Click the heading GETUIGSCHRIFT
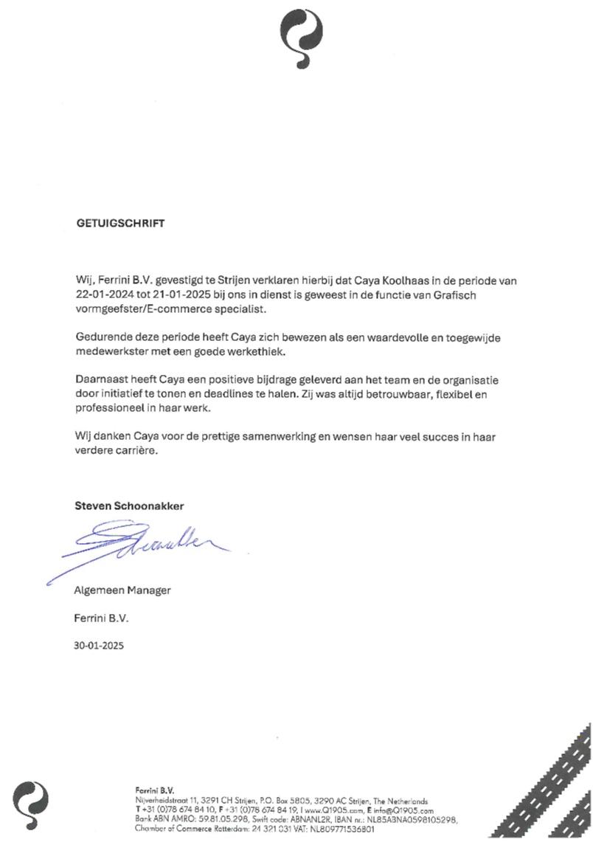click(x=120, y=224)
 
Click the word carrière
click(x=134, y=451)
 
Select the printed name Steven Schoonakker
click(x=129, y=506)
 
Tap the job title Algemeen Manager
click(x=122, y=590)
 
